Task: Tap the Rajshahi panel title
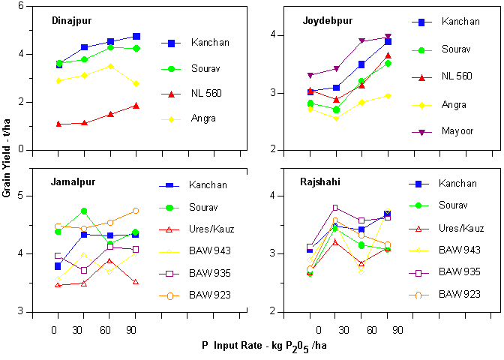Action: [x=319, y=182]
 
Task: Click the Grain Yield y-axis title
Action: [x=7, y=160]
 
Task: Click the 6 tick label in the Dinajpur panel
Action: [x=21, y=6]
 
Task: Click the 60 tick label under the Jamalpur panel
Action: [x=109, y=330]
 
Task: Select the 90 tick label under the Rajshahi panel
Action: [x=397, y=330]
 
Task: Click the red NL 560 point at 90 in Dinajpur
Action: [x=136, y=106]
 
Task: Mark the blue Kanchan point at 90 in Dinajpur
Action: [x=136, y=36]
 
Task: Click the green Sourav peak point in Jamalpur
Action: [x=84, y=211]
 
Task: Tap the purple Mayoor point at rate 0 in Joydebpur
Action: [x=310, y=76]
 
